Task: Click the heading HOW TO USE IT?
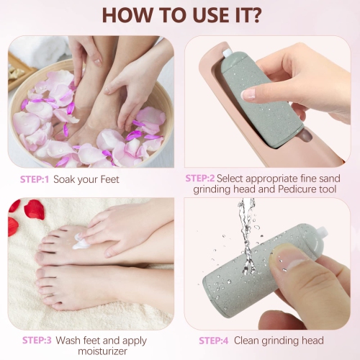(x=180, y=15)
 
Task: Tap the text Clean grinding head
(x=284, y=340)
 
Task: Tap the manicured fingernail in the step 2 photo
(x=248, y=93)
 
